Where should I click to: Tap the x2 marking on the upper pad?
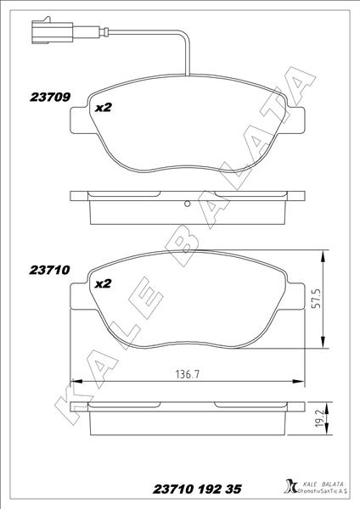pos(104,108)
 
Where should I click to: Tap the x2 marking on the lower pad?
pos(104,283)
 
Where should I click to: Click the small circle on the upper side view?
pos(187,204)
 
